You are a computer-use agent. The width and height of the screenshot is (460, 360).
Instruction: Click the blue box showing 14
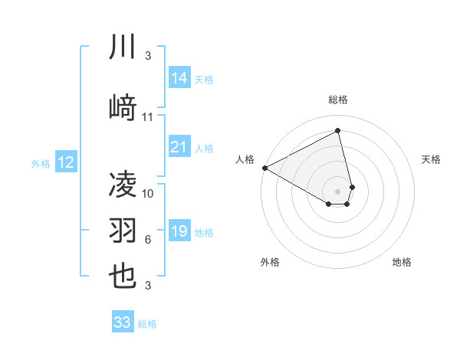coord(179,78)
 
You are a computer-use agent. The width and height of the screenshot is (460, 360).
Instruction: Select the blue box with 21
coord(179,147)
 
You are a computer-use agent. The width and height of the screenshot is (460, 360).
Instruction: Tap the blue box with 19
coord(179,231)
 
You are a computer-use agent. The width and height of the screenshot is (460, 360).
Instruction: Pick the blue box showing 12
coord(65,162)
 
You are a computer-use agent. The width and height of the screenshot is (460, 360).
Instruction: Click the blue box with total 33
coord(122,322)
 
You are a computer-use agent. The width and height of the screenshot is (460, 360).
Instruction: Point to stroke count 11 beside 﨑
coord(148,117)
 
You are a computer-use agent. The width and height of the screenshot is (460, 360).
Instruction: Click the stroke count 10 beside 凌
coord(148,193)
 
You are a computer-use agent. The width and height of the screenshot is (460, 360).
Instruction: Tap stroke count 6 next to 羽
coord(148,240)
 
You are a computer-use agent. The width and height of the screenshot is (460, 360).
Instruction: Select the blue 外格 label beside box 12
coord(41,163)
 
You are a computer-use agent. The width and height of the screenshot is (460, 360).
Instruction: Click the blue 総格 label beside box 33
coord(147,324)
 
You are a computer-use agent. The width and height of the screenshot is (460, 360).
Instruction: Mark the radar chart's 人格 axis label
coord(245,159)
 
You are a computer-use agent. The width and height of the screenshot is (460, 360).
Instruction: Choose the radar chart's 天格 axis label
coord(431,159)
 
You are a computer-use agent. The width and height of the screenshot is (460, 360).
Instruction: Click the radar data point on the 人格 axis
coord(264,168)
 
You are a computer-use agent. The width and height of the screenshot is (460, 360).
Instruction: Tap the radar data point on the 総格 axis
coord(338,131)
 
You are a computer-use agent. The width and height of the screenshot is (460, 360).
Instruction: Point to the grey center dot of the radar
coord(338,191)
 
